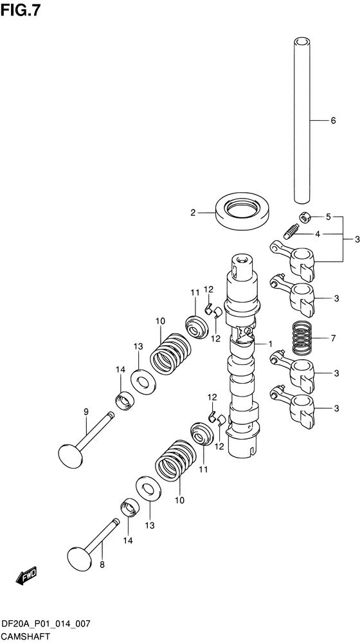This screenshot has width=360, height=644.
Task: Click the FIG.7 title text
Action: (x=21, y=9)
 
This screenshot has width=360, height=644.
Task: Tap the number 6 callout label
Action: (x=333, y=120)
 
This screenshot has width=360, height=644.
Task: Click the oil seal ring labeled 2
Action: (x=243, y=211)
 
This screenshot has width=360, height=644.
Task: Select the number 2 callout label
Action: (x=193, y=213)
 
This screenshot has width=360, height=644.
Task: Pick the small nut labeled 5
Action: (x=305, y=217)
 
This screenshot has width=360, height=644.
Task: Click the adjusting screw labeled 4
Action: (x=291, y=231)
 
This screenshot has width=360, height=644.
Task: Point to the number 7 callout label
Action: (x=333, y=339)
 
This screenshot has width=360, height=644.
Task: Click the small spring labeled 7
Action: (x=303, y=338)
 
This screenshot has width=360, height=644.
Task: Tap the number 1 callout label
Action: (x=271, y=343)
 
